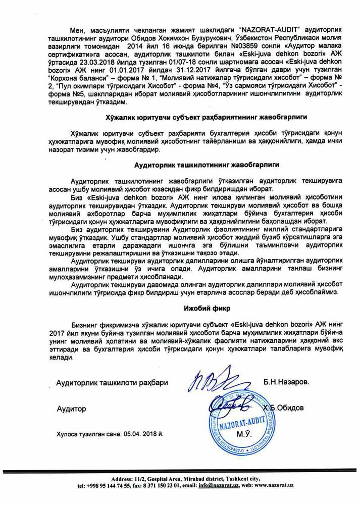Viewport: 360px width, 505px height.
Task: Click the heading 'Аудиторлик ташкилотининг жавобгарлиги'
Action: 207,165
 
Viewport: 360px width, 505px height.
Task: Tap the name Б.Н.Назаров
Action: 285,382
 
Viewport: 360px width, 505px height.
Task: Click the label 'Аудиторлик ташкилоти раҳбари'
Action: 112,383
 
